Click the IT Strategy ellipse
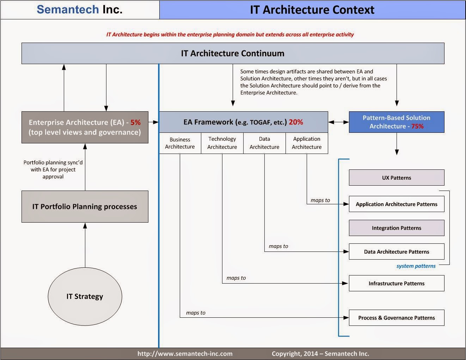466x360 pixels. [x=85, y=296]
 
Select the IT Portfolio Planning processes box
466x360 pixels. [x=85, y=206]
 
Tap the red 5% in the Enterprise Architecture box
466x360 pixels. [x=135, y=123]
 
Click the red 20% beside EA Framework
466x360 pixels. [x=296, y=122]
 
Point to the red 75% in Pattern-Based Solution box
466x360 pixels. [x=417, y=126]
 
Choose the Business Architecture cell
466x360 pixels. [x=180, y=143]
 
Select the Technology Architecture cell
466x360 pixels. [x=222, y=143]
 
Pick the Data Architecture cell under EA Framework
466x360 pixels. [x=264, y=143]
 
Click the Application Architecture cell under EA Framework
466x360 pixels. [x=307, y=143]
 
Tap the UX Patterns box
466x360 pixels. [x=397, y=178]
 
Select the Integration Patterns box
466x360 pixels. [x=397, y=228]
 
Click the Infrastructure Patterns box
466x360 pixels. [x=397, y=283]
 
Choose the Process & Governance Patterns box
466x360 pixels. [x=397, y=318]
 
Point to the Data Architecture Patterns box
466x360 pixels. [x=397, y=252]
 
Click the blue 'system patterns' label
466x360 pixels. [x=416, y=266]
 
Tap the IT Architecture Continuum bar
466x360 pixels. [x=233, y=53]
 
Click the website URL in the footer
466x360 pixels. [x=185, y=354]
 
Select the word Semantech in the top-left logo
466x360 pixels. [x=68, y=10]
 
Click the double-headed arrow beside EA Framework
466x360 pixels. [x=338, y=122]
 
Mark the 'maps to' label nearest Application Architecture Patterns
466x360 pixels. [x=320, y=200]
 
